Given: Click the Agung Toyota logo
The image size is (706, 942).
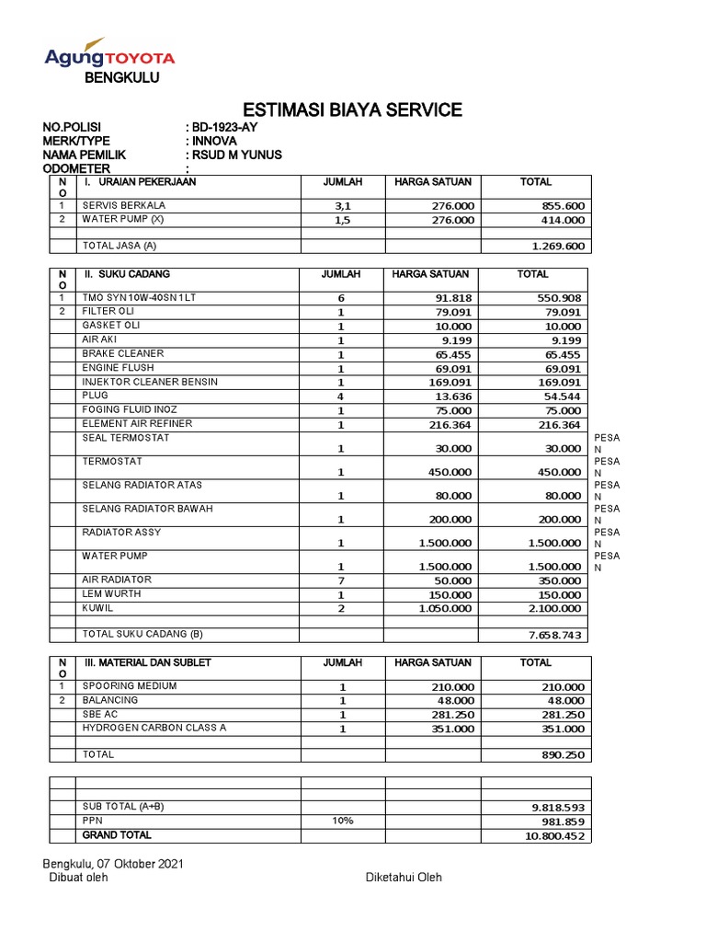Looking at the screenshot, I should pyautogui.click(x=109, y=58).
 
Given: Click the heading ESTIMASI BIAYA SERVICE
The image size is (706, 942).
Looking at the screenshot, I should pyautogui.click(x=352, y=111).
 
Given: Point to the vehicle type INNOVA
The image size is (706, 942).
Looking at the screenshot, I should pyautogui.click(x=214, y=141).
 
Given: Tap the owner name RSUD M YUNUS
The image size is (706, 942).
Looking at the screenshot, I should pyautogui.click(x=236, y=155).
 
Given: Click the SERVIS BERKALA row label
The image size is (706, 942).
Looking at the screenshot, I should pyautogui.click(x=124, y=205).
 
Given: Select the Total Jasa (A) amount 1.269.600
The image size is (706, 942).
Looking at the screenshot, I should pyautogui.click(x=558, y=247).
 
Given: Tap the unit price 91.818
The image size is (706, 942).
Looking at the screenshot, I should pyautogui.click(x=453, y=299).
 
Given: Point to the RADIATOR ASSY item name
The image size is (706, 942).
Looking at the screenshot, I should pyautogui.click(x=121, y=533).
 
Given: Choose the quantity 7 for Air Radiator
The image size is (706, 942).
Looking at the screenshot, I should pyautogui.click(x=341, y=581).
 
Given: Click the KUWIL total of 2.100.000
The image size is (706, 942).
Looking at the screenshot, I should pyautogui.click(x=555, y=609).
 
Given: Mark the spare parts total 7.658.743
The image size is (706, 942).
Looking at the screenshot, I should pyautogui.click(x=555, y=636).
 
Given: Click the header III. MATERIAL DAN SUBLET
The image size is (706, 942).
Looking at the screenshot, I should pyautogui.click(x=148, y=662).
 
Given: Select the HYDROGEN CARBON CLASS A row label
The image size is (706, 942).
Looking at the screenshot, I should pyautogui.click(x=154, y=728).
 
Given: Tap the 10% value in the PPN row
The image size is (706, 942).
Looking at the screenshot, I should pyautogui.click(x=343, y=821).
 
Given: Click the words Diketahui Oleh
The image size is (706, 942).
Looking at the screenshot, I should pyautogui.click(x=404, y=878).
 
